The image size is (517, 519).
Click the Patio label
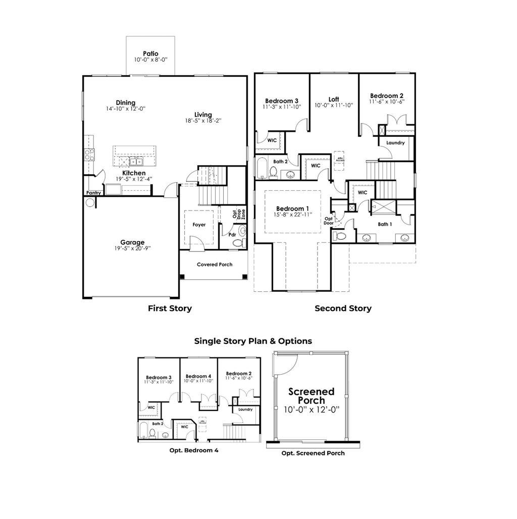pyautogui.click(x=150, y=53)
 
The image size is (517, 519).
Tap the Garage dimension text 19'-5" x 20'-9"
pyautogui.click(x=132, y=248)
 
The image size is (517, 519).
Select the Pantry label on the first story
pyautogui.click(x=93, y=192)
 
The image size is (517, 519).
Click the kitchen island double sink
pyautogui.click(x=135, y=162)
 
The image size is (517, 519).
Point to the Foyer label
pyautogui.click(x=199, y=225)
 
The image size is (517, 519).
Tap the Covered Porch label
pyautogui.click(x=215, y=265)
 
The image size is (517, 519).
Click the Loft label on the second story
pyautogui.click(x=334, y=99)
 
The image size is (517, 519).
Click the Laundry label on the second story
pyautogui.click(x=395, y=143)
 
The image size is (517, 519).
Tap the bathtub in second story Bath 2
pyautogui.click(x=262, y=168)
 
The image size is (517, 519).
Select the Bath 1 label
pyautogui.click(x=385, y=224)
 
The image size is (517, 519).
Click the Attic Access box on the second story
pyautogui.click(x=339, y=158)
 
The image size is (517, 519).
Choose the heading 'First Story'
pyautogui.click(x=170, y=308)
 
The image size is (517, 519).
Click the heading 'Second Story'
pyautogui.click(x=343, y=308)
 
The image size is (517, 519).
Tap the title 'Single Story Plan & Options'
pyautogui.click(x=253, y=341)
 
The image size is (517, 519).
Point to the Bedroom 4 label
pyautogui.click(x=198, y=376)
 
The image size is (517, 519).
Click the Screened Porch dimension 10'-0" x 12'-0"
pyautogui.click(x=311, y=409)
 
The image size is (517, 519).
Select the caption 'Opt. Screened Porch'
pyautogui.click(x=313, y=453)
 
